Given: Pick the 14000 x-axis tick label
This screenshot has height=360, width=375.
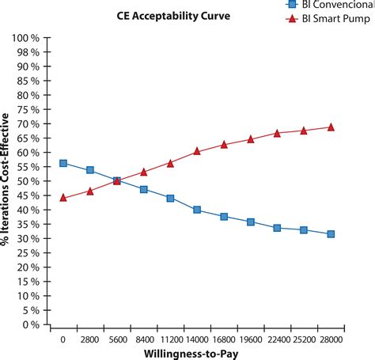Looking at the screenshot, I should (196, 339).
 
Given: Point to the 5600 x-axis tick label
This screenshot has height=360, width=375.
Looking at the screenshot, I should (116, 339).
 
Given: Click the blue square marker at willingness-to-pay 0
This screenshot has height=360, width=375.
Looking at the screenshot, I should (62, 163).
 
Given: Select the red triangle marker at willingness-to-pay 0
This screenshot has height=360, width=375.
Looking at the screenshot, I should (62, 198).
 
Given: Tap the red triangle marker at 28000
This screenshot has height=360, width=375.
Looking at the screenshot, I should (331, 127).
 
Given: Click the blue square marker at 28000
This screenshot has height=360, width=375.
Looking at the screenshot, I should (331, 234).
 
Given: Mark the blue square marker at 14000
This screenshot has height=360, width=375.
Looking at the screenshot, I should (197, 210).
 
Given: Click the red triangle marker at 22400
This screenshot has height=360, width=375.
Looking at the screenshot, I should (277, 133).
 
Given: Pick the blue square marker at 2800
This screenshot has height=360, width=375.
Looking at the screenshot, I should (89, 170).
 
